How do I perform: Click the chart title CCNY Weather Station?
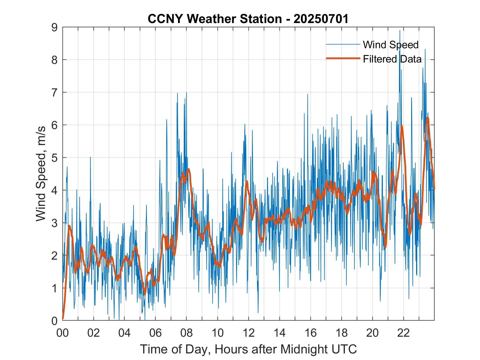(215, 19)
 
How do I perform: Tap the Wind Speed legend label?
(391, 45)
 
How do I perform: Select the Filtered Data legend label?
(392, 59)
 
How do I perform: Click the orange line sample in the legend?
(343, 58)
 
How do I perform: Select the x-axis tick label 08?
(187, 333)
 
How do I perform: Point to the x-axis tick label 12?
(249, 333)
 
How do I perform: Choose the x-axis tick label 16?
(310, 333)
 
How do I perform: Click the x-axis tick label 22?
(403, 333)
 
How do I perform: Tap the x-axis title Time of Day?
(249, 349)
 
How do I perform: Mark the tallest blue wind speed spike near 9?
(400, 31)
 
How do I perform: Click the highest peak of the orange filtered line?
(427, 118)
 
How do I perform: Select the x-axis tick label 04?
(124, 333)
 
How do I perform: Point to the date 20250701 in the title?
(321, 19)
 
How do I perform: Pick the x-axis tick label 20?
(372, 333)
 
